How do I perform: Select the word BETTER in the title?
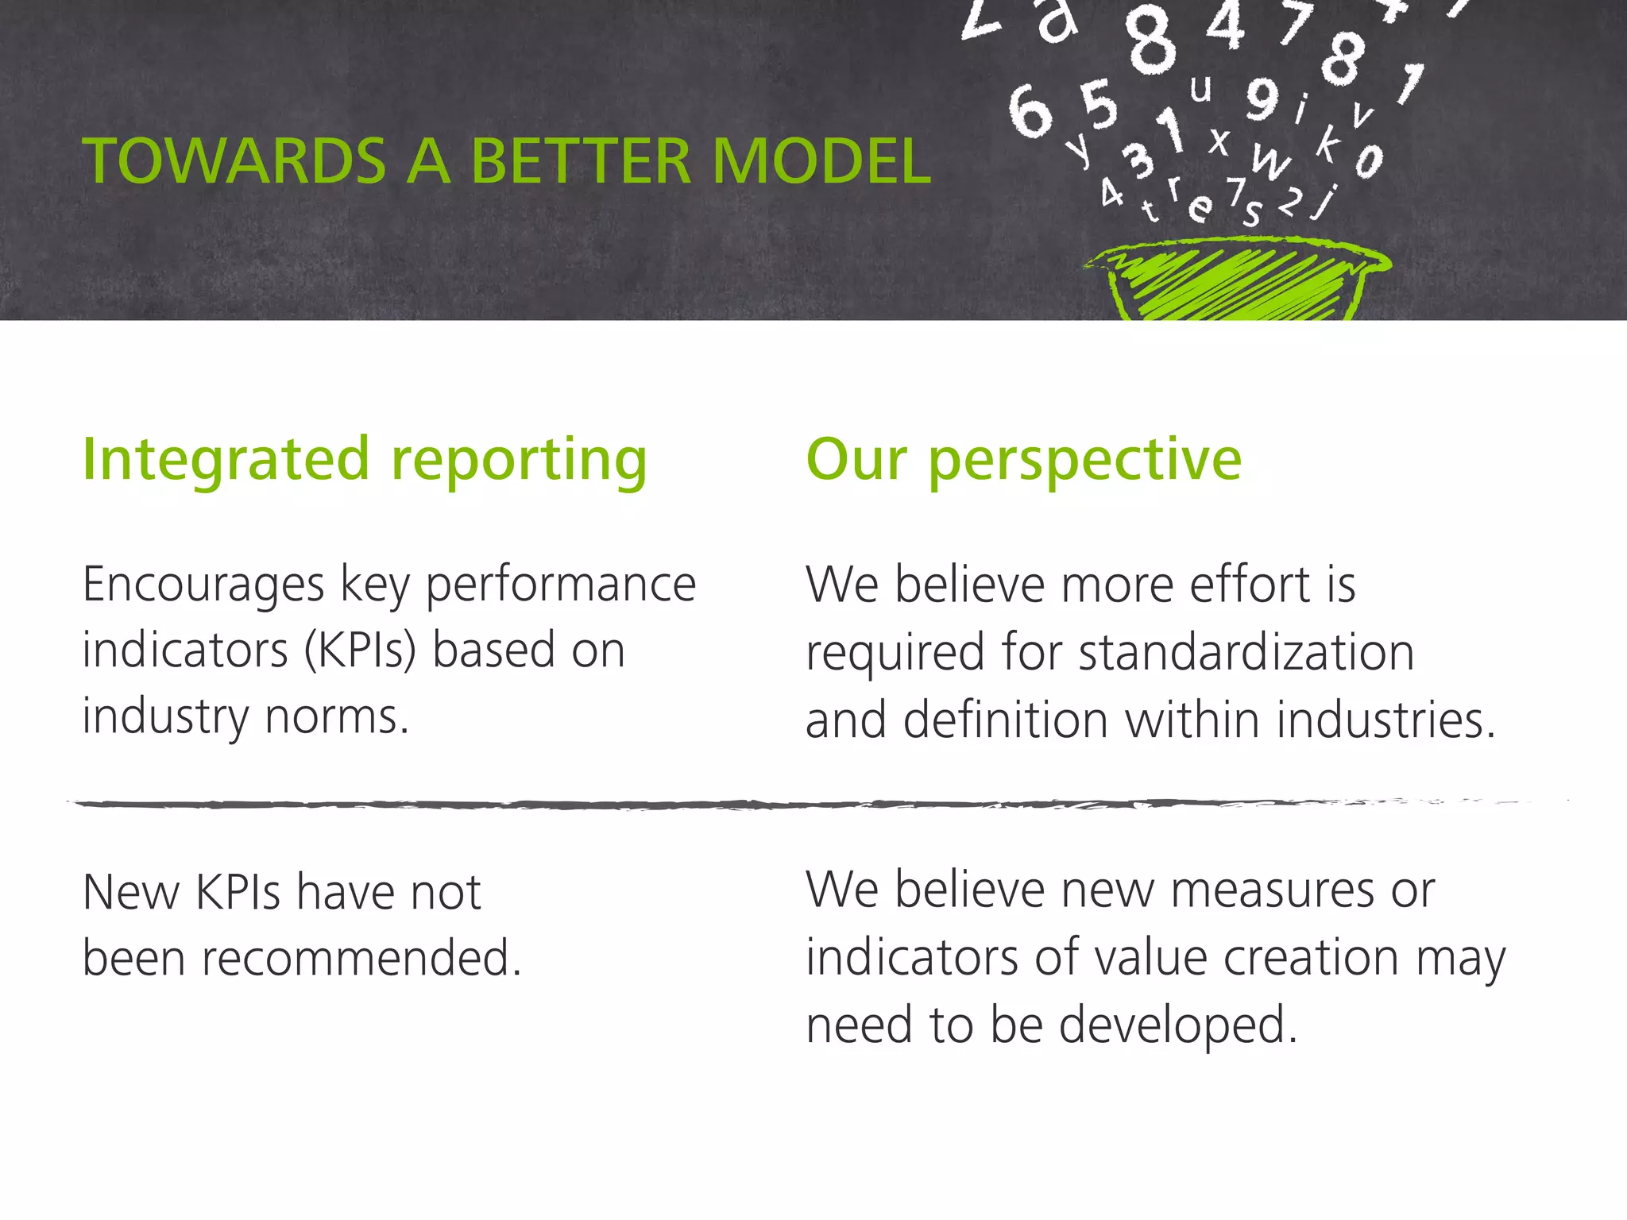coord(580,161)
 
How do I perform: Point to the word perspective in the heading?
coord(1084,461)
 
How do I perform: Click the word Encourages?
coord(203,585)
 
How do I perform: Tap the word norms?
coord(337,716)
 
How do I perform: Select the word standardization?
coord(1246,653)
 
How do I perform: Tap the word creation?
coord(1311,957)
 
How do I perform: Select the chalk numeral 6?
coord(1030,112)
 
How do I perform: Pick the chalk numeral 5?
coord(1099,104)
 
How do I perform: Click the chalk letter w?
coord(1270,161)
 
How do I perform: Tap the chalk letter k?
coord(1328,143)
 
